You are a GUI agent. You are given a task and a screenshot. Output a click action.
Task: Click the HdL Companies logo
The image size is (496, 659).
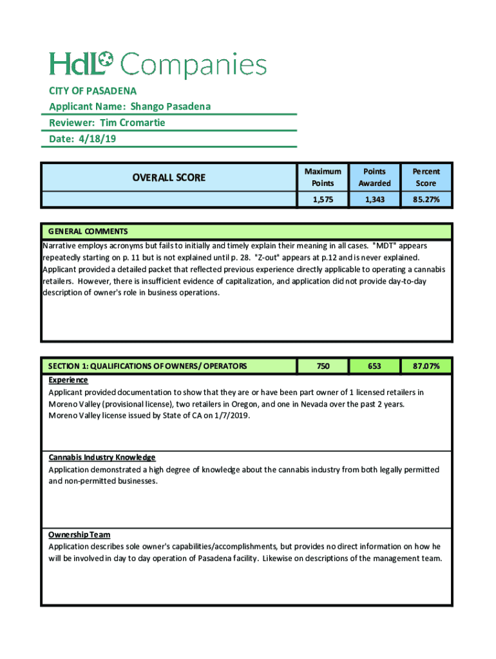pos(158,64)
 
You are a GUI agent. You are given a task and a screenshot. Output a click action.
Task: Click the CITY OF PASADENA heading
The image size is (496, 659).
pos(93,91)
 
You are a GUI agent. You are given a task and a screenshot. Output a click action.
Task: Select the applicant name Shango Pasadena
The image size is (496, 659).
pos(171,106)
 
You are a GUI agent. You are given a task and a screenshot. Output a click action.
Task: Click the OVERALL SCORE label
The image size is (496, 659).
pos(169,177)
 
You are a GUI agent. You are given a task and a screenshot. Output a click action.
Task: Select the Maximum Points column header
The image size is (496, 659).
pos(323,177)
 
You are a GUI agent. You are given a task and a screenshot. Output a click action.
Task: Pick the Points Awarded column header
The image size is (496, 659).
pos(374,177)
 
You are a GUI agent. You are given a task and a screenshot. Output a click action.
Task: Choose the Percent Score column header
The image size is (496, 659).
pos(426,177)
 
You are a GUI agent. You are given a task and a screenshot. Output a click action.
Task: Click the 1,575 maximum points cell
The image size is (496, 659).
pos(323,200)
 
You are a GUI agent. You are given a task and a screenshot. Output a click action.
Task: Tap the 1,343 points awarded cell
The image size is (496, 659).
pos(374,200)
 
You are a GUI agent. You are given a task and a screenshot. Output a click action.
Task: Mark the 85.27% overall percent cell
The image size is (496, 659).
pos(426,200)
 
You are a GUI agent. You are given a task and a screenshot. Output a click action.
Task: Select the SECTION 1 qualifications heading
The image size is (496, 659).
pos(148,366)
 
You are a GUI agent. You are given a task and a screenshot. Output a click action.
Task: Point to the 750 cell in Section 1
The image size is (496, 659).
pos(323,366)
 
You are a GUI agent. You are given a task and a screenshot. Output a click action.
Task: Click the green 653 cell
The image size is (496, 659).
pos(374,366)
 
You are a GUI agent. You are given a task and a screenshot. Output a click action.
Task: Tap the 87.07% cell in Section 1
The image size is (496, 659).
pos(426,366)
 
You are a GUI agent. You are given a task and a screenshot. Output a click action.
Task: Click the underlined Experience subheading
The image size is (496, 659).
pos(68,380)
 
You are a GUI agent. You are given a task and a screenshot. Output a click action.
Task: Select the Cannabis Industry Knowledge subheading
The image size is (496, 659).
pos(102,458)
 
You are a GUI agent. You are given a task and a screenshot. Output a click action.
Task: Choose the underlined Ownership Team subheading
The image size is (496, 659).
pos(79,535)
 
